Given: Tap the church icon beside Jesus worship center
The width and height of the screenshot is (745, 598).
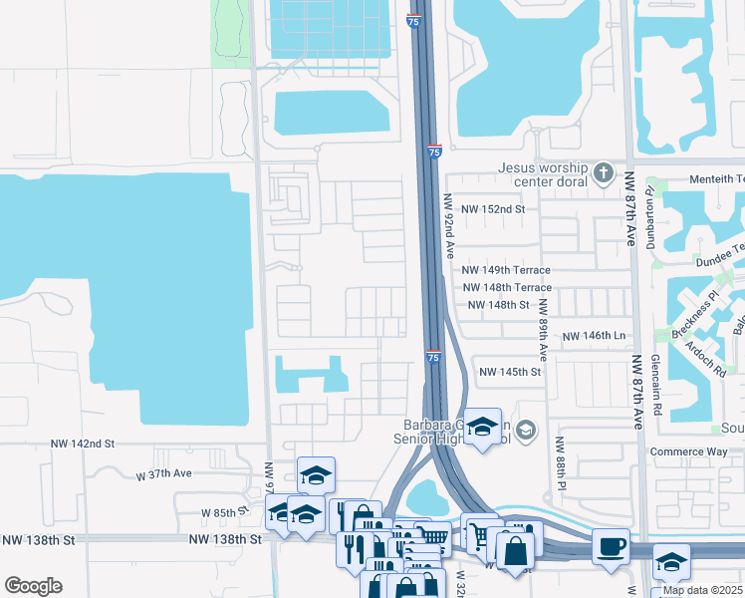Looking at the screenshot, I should (x=603, y=174).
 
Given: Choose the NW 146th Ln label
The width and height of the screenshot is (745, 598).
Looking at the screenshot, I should (x=594, y=338).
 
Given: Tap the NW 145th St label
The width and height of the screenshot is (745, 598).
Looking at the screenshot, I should (x=510, y=372).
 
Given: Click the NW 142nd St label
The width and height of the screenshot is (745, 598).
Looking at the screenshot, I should (x=83, y=443).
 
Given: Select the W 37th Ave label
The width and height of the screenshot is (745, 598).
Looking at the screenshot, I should (x=162, y=474).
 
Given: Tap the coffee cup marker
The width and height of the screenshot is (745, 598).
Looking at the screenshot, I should (x=611, y=546).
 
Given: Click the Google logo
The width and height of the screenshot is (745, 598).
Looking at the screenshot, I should (x=33, y=586).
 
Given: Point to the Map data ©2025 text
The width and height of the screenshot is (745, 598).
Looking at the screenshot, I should (x=702, y=590).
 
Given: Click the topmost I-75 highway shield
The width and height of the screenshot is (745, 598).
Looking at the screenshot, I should (x=414, y=20).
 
